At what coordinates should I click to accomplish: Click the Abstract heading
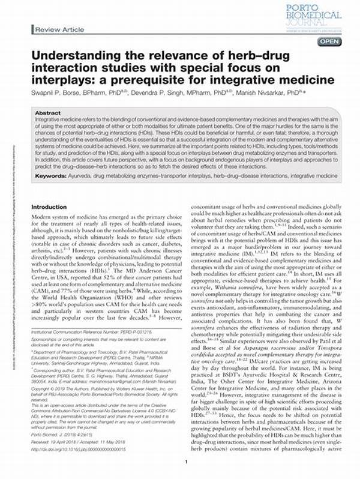point(48,113)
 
